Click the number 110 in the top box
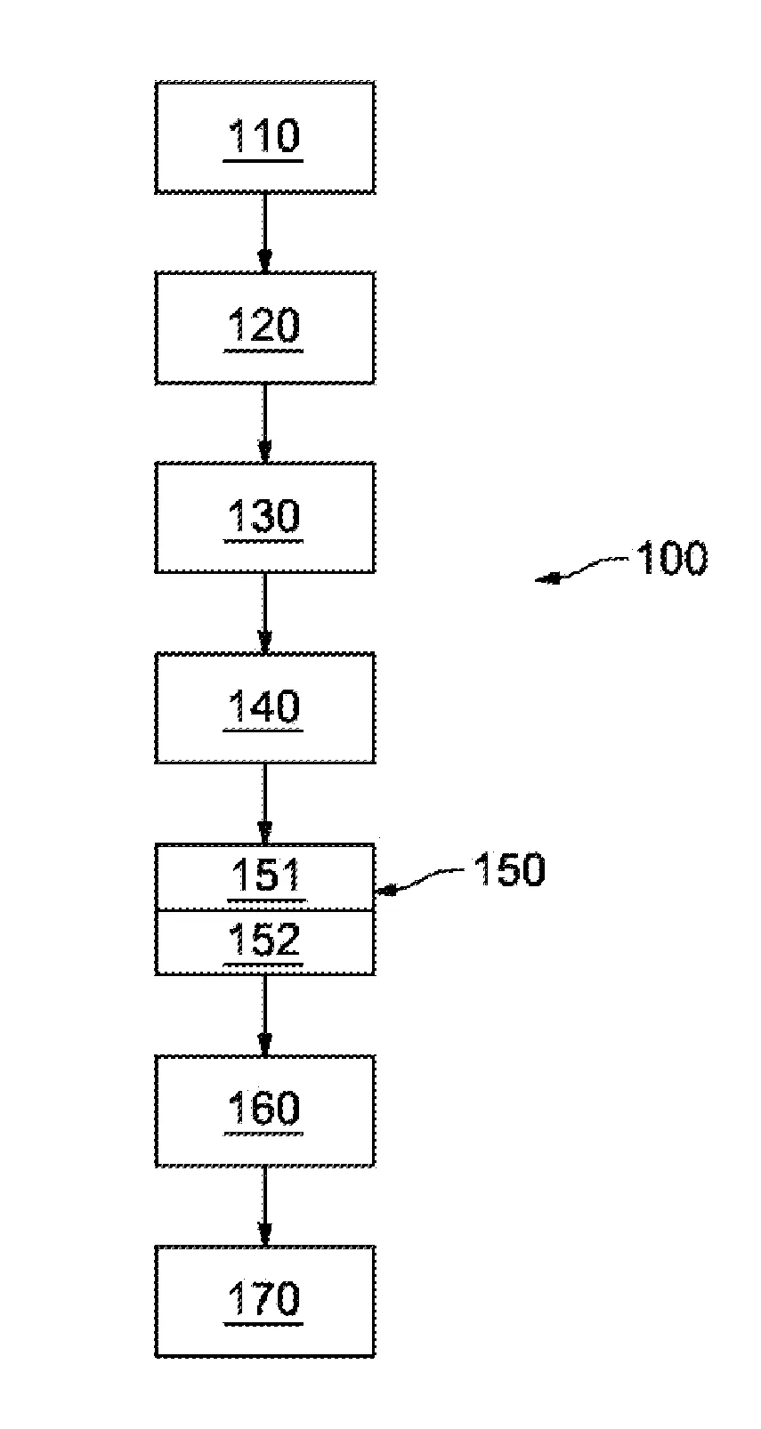pos(264,135)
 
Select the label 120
pos(264,326)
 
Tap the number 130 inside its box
pos(264,515)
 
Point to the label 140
pos(264,706)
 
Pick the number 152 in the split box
pos(264,939)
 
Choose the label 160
pos(264,1108)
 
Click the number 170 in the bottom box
pos(264,1299)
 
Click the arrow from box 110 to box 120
pos(264,232)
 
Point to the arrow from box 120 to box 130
pos(264,423)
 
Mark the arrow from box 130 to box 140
pos(264,612)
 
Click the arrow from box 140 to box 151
pos(264,803)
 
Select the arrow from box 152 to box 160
pos(264,1015)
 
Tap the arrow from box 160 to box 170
pos(264,1206)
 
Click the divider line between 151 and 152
pos(264,910)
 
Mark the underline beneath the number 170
pos(264,1324)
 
